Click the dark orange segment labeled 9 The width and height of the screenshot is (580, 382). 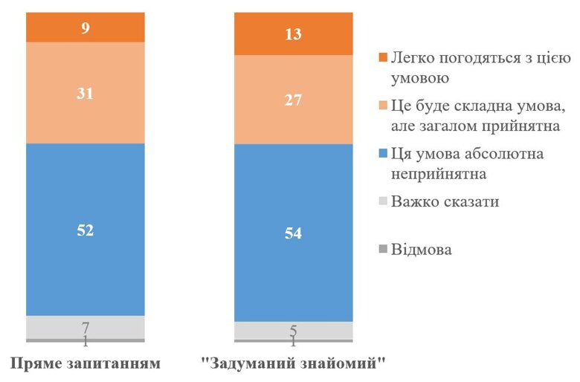pyautogui.click(x=85, y=27)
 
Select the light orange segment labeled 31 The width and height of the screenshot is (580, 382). pyautogui.click(x=85, y=93)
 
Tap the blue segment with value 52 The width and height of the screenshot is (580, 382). pyautogui.click(x=85, y=230)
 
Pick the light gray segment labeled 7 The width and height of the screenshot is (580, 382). pyautogui.click(x=85, y=327)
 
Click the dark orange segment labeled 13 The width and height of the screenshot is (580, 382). pyautogui.click(x=293, y=34)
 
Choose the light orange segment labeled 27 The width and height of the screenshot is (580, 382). pyautogui.click(x=293, y=100)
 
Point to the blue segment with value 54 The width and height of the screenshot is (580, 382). pyautogui.click(x=293, y=233)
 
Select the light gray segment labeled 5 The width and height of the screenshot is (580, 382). pyautogui.click(x=293, y=330)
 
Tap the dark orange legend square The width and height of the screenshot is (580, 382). pyautogui.click(x=383, y=58)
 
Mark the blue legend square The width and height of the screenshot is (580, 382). pyautogui.click(x=383, y=154)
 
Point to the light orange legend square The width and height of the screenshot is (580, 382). pyautogui.click(x=383, y=106)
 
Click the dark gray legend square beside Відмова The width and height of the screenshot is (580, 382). pyautogui.click(x=383, y=250)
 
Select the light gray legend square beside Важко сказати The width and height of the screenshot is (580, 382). pyautogui.click(x=383, y=202)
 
